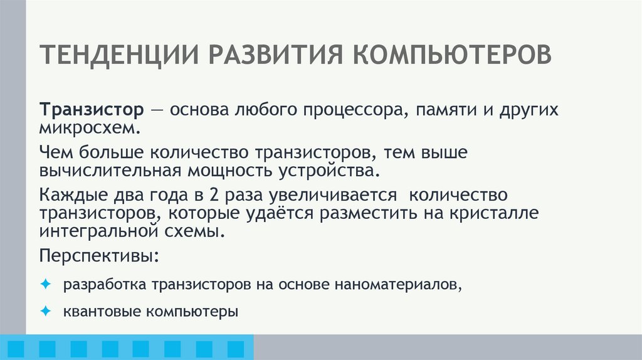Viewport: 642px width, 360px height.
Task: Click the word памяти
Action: (441, 112)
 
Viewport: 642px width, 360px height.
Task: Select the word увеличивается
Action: (334, 195)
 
